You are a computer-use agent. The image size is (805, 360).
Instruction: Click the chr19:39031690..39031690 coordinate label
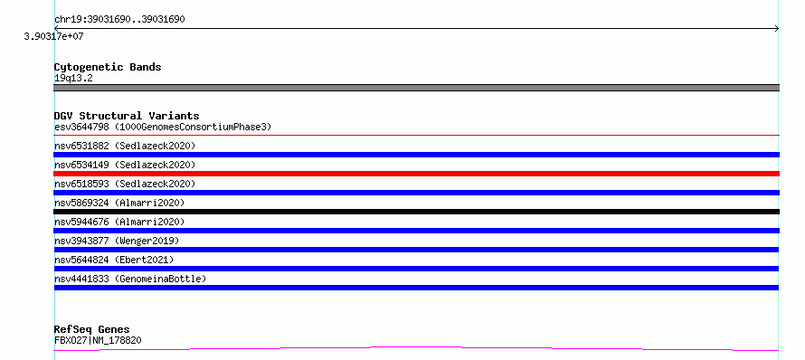pyautogui.click(x=119, y=20)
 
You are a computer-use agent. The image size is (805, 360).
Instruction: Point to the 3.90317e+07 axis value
pyautogui.click(x=54, y=37)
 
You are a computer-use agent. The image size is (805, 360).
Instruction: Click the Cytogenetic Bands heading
pyautogui.click(x=108, y=67)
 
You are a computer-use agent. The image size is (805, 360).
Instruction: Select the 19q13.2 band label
pyautogui.click(x=73, y=79)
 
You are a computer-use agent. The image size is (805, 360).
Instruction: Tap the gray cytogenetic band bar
pyautogui.click(x=416, y=88)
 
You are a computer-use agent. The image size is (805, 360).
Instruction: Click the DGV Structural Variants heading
pyautogui.click(x=127, y=116)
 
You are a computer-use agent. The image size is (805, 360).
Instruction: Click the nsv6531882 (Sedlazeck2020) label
pyautogui.click(x=125, y=146)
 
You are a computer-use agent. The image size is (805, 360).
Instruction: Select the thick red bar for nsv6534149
pyautogui.click(x=416, y=174)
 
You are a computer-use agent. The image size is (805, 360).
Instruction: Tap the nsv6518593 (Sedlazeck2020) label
pyautogui.click(x=125, y=184)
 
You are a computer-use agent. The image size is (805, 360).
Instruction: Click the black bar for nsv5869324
pyautogui.click(x=416, y=212)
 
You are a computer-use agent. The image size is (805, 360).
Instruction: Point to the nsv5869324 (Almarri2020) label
pyautogui.click(x=119, y=203)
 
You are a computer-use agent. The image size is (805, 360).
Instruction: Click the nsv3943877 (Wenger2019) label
pyautogui.click(x=117, y=241)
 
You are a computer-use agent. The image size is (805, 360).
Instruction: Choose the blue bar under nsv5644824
pyautogui.click(x=416, y=269)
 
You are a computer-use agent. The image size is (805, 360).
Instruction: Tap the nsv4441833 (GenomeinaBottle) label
pyautogui.click(x=130, y=279)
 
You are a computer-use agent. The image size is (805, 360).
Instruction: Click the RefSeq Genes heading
pyautogui.click(x=92, y=329)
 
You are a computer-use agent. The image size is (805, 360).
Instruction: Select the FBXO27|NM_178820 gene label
pyautogui.click(x=98, y=340)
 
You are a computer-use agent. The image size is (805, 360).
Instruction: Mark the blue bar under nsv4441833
pyautogui.click(x=416, y=288)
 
